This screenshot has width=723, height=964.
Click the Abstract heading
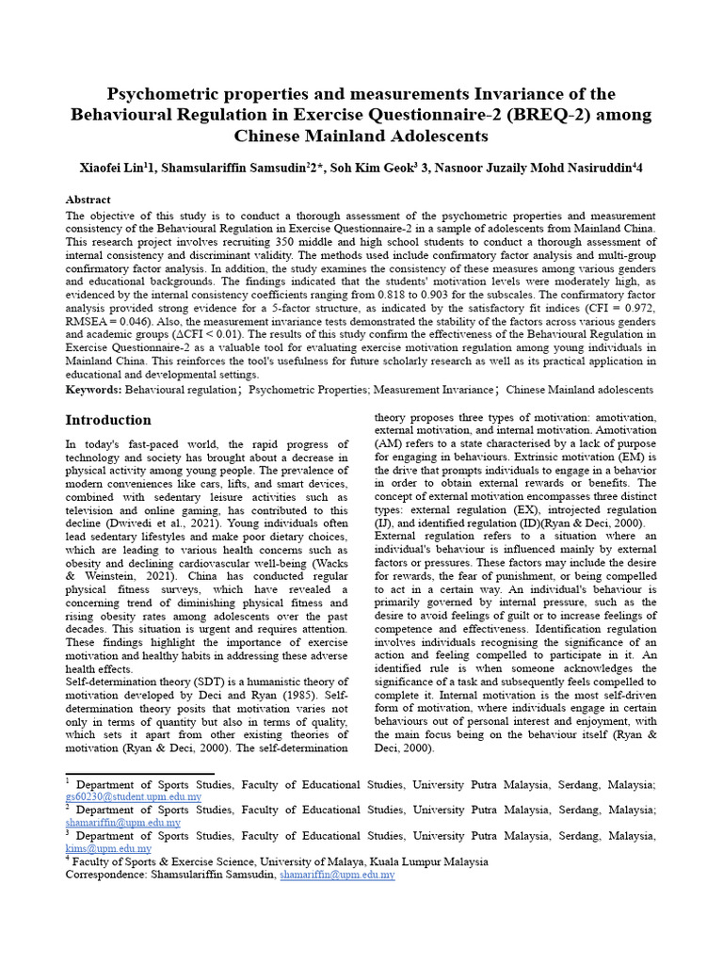(x=88, y=200)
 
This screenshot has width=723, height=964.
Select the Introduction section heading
(x=107, y=420)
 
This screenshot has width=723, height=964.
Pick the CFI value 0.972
(x=636, y=307)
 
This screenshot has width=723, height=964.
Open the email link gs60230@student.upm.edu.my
(x=133, y=796)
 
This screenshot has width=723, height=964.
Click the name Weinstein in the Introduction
(x=94, y=571)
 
